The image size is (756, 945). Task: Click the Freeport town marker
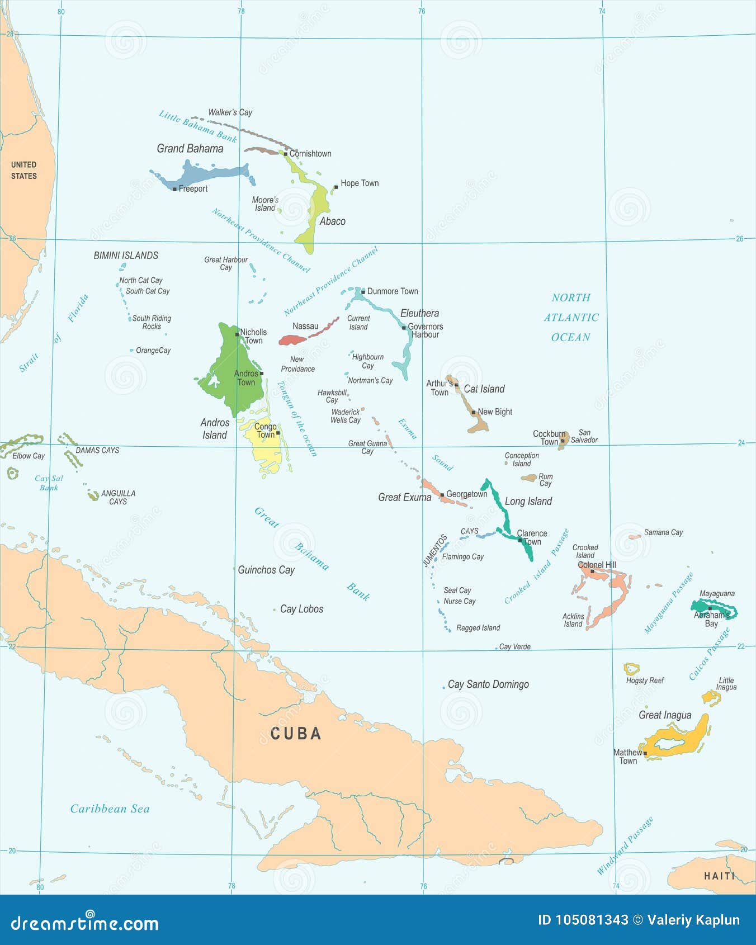coord(174,189)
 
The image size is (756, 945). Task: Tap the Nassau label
coord(305,326)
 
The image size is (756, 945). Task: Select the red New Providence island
coord(292,339)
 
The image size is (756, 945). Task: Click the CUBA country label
coord(296,734)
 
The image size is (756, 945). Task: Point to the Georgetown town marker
coord(442,495)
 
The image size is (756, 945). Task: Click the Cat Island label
coord(484,389)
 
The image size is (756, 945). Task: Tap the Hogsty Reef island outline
coord(631,668)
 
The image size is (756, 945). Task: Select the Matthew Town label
coord(627,757)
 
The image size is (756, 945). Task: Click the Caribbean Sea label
coord(110,809)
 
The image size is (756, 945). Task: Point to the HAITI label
coord(719,876)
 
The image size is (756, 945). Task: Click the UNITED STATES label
coord(24,170)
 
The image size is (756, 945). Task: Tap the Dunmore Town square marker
coord(363,291)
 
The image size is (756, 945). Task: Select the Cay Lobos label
coord(301,609)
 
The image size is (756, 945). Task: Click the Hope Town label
coord(360,183)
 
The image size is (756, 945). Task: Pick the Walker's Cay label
coord(230,112)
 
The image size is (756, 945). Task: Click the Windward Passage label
coord(625,845)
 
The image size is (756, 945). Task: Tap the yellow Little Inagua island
coord(711,697)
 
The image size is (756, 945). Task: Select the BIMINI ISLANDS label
coord(126,255)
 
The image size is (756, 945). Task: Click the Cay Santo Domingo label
coord(488,684)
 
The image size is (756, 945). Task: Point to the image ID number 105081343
coord(583,920)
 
